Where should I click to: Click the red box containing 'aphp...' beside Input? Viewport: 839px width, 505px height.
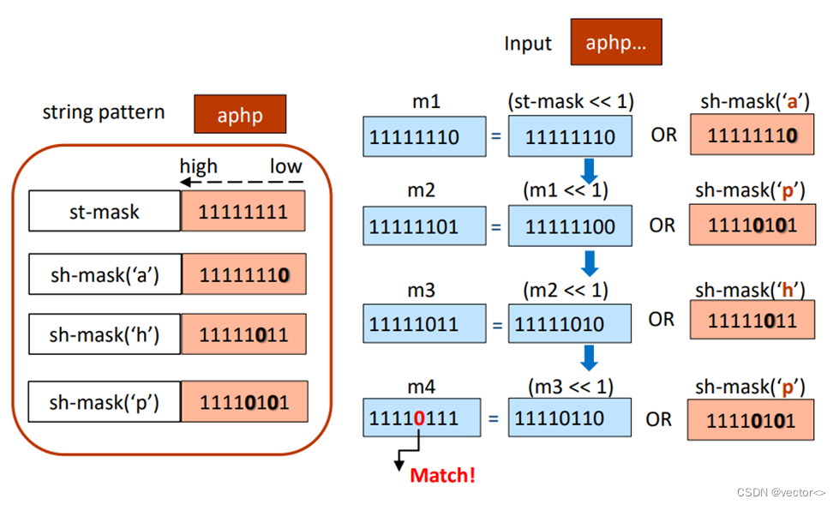(x=615, y=44)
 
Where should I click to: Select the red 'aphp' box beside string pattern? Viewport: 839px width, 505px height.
(x=239, y=113)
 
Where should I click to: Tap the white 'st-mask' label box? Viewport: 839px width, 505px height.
(x=105, y=212)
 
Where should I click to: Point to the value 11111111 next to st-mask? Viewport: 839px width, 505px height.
(x=243, y=212)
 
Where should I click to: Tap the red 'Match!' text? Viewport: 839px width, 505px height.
(x=442, y=474)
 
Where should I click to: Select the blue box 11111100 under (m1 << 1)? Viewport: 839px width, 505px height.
(x=569, y=227)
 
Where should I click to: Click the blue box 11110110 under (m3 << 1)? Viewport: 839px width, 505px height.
(x=569, y=419)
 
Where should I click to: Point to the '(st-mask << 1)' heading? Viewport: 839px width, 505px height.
(x=570, y=101)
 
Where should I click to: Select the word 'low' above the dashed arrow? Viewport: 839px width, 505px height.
(x=285, y=165)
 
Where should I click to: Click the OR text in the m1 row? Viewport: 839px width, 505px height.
(x=663, y=135)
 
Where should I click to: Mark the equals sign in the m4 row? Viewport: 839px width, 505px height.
(x=494, y=419)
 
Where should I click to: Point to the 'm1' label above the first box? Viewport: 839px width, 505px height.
(x=426, y=101)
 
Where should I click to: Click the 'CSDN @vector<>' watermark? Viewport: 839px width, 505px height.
(x=781, y=492)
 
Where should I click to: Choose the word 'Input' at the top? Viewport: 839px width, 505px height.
(x=528, y=44)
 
